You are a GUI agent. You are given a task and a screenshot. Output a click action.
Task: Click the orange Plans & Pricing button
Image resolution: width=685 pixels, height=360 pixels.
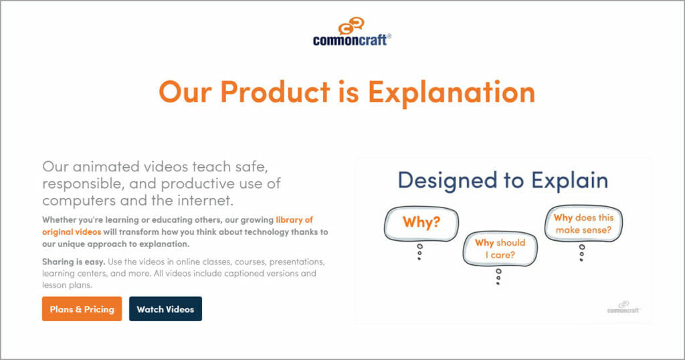tap(82, 309)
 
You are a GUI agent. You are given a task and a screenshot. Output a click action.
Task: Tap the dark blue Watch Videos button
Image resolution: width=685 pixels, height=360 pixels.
tap(165, 309)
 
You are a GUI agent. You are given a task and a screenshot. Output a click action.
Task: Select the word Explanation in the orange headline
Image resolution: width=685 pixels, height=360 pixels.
tap(452, 92)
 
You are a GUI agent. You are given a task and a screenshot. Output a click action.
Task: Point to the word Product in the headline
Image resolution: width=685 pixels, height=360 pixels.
tap(275, 92)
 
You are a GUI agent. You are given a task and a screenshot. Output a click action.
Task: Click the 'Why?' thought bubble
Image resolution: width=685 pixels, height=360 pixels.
tap(421, 223)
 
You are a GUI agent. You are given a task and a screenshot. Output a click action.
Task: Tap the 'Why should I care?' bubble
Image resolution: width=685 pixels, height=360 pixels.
tap(500, 249)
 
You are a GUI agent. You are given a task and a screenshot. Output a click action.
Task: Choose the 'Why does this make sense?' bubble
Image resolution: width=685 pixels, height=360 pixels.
tap(583, 223)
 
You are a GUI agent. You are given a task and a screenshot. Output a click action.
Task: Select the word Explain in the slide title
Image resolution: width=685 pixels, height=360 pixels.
tap(570, 181)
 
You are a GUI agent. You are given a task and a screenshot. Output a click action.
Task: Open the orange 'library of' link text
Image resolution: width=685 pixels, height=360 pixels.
tap(294, 219)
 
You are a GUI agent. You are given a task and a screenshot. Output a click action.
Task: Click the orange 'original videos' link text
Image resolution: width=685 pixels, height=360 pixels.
tap(71, 232)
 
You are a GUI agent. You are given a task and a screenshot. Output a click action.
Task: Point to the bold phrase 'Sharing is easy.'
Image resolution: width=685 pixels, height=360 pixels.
tap(74, 262)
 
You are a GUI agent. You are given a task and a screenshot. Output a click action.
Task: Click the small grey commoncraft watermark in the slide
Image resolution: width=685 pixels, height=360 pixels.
tap(623, 307)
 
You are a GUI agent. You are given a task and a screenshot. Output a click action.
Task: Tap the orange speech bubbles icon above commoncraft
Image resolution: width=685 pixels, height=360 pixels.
tap(352, 26)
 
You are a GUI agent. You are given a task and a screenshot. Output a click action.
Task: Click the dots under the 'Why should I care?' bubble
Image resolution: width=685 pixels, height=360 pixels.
tap(498, 277)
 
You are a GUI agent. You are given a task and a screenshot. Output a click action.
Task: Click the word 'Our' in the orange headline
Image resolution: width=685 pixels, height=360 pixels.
tap(185, 92)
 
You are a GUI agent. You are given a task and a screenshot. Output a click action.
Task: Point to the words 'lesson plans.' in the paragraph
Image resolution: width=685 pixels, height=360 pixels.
tap(67, 285)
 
